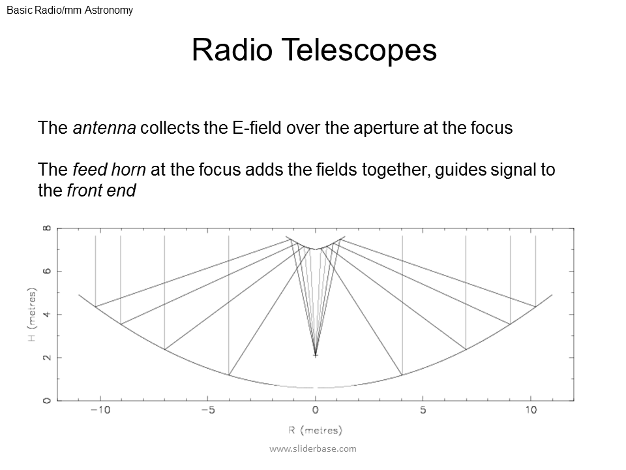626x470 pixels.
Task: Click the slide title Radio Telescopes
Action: [314, 50]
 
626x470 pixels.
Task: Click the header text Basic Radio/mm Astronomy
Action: [70, 10]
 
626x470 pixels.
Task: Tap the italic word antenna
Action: [104, 128]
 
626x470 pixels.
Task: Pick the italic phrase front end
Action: [101, 191]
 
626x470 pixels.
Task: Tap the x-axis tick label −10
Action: [99, 411]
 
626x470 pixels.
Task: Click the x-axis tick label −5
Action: [207, 411]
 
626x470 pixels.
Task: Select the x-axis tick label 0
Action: [316, 411]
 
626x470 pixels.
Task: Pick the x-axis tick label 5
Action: [423, 411]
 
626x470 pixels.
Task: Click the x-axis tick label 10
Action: [531, 411]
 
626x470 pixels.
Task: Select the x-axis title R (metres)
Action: [316, 430]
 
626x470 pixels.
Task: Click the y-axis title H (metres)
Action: [31, 315]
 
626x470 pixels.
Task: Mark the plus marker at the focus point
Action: [316, 355]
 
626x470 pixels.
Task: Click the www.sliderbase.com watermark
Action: [313, 448]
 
